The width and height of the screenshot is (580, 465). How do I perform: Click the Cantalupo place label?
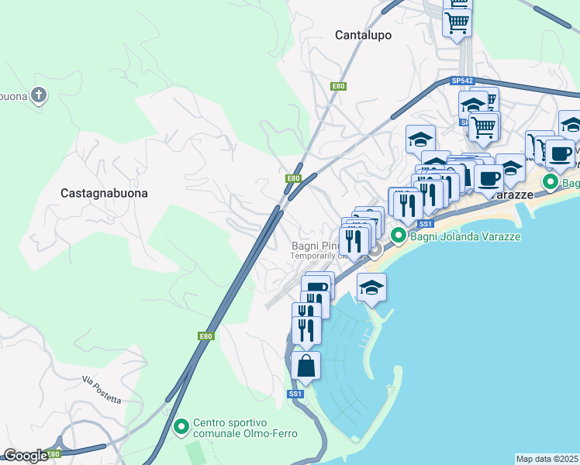click(x=363, y=35)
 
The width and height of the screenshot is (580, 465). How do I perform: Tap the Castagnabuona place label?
click(x=104, y=192)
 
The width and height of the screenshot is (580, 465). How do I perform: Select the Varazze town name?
click(x=512, y=195)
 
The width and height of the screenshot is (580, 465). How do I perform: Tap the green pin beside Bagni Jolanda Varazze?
click(x=399, y=236)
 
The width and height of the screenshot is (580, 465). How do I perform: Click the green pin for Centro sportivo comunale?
click(x=181, y=426)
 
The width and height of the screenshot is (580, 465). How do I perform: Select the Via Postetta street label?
click(x=102, y=390)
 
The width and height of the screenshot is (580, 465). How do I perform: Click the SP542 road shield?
click(x=462, y=81)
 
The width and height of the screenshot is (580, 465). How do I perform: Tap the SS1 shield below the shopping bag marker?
click(x=295, y=394)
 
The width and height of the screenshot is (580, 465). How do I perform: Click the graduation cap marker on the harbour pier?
click(x=372, y=288)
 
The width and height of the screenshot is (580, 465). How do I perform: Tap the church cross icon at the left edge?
click(x=39, y=96)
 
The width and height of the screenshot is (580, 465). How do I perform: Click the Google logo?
click(x=25, y=456)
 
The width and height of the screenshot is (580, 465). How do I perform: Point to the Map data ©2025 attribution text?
click(x=547, y=459)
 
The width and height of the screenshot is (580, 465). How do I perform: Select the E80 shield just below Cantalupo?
click(x=337, y=86)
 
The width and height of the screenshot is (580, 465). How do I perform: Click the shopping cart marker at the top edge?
click(x=457, y=21)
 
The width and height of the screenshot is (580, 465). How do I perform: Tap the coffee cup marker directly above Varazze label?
click(x=489, y=179)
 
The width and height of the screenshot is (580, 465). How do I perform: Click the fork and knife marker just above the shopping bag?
click(x=306, y=330)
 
